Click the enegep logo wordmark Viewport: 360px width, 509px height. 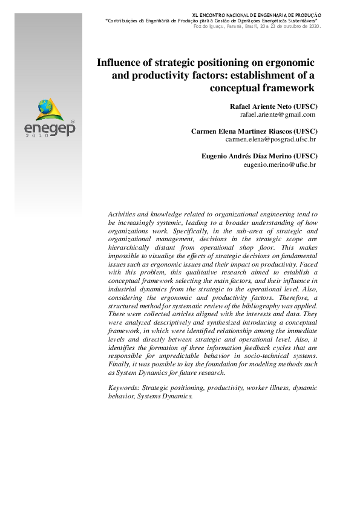[49, 128]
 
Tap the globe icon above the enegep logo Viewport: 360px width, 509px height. [45, 108]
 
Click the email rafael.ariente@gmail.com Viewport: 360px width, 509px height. [278, 114]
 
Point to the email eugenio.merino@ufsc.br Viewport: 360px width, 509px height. [280, 164]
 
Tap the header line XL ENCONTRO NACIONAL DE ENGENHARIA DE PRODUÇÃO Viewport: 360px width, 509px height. [257, 15]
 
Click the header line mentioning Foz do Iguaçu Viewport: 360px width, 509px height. [257, 26]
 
